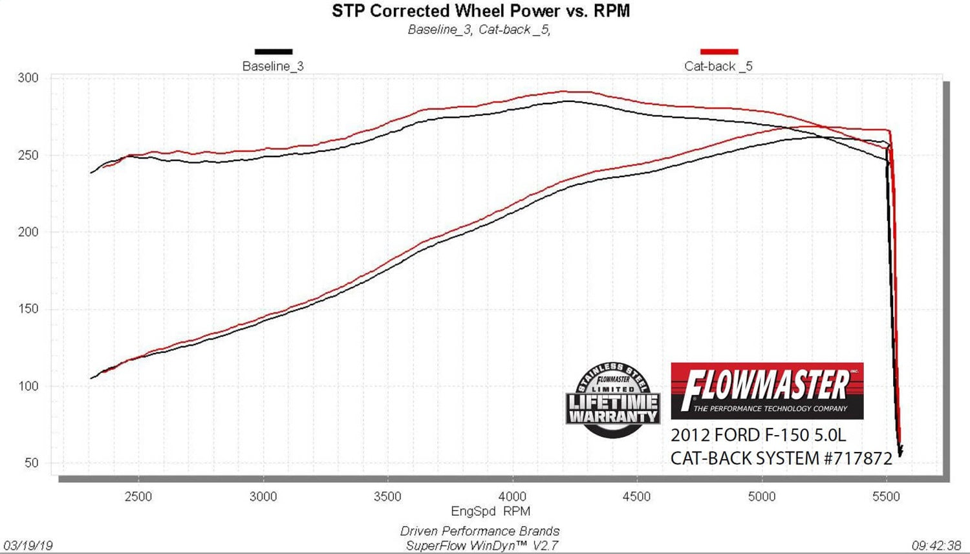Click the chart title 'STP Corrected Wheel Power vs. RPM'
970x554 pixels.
480,11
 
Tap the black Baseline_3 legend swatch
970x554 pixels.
273,52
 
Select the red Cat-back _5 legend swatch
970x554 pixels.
718,52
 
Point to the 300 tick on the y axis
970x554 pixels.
28,78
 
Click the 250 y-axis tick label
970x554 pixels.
28,155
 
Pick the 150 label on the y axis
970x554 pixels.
28,309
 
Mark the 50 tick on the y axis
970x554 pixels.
32,463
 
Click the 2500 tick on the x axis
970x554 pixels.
138,496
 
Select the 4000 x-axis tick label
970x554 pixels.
512,496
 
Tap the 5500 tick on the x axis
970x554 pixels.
886,496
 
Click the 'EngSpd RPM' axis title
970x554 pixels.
490,511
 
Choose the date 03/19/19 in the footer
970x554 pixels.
28,546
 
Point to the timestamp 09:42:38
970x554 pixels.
936,546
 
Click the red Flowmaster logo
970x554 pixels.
767,390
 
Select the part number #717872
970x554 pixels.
858,458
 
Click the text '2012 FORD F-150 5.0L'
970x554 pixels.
758,434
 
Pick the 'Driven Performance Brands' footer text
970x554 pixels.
480,531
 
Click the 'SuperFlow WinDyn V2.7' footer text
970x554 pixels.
481,546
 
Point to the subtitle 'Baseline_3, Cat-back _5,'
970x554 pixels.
479,30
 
